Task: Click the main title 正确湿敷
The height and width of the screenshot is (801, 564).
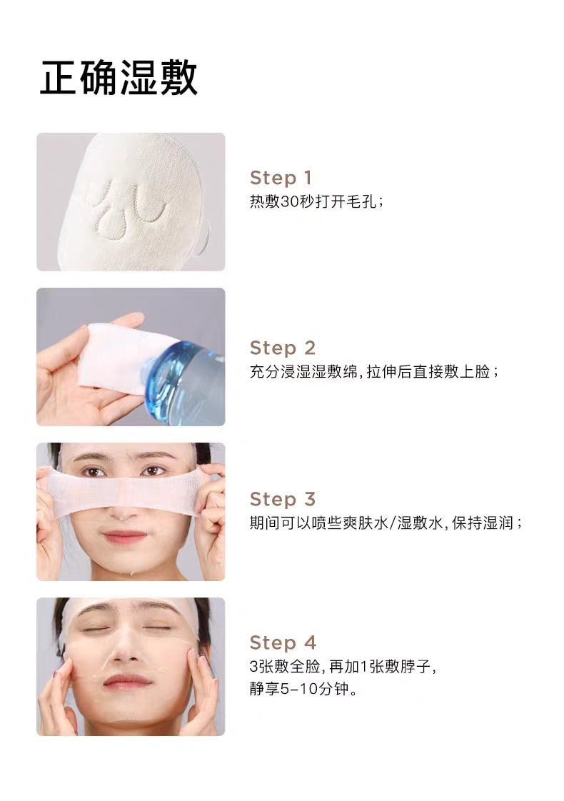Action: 119,78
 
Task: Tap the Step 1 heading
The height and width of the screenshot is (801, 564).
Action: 281,178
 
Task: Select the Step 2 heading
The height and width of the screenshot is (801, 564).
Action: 282,348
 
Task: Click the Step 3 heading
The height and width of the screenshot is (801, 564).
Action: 282,499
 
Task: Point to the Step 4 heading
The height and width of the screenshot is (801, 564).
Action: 283,643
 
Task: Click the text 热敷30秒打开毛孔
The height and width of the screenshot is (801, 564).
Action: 316,201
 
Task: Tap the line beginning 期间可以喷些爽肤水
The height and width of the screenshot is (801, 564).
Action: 386,523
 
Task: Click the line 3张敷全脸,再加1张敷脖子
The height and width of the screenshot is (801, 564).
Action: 342,667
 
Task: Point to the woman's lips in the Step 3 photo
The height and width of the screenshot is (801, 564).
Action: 125,535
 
